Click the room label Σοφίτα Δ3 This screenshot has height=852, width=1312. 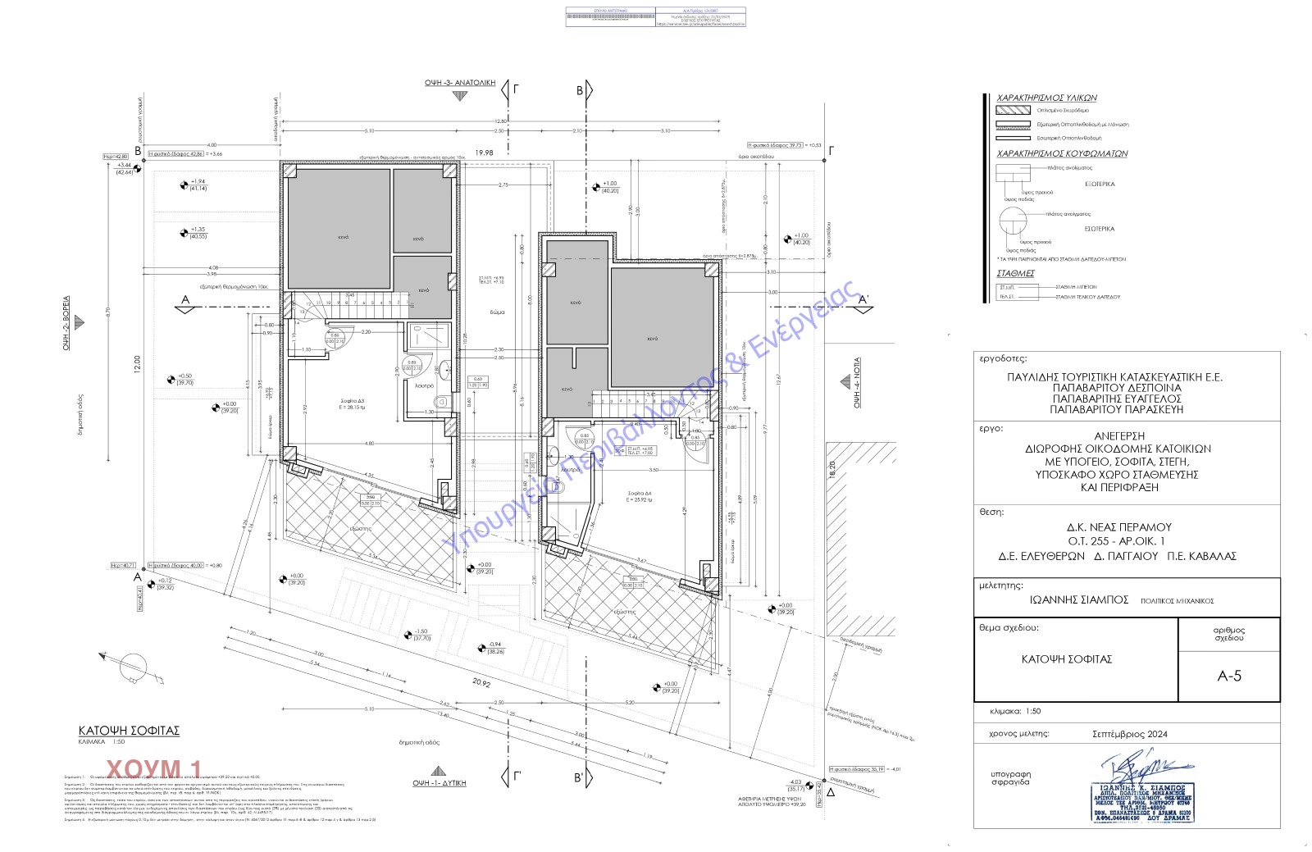click(x=355, y=401)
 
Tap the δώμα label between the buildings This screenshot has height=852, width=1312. click(x=498, y=312)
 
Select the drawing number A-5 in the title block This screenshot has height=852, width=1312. click(x=1229, y=676)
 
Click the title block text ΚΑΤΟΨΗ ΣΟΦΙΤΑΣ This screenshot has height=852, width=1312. click(x=1066, y=658)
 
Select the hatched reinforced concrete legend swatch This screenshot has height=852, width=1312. click(x=1013, y=110)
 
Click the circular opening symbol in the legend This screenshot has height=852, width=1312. click(x=1013, y=222)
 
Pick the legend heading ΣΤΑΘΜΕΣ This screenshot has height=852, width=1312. click(x=1015, y=273)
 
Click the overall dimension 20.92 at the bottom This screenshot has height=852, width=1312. click(x=481, y=682)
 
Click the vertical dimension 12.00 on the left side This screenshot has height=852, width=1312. click(x=137, y=362)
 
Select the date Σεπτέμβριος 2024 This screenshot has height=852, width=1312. click(x=1129, y=734)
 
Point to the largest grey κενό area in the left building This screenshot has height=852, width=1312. click(x=337, y=230)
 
